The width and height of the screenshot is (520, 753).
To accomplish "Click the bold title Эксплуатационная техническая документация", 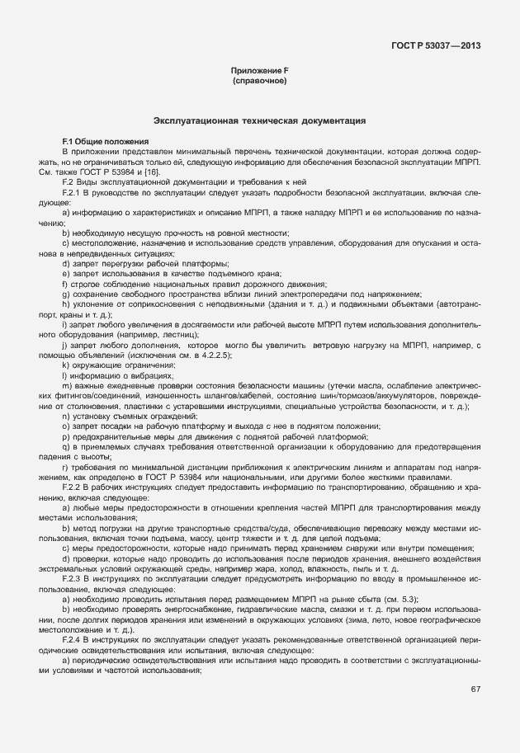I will pyautogui.click(x=259, y=120).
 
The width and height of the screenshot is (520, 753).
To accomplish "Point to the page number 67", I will pyautogui.click(x=476, y=713).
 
